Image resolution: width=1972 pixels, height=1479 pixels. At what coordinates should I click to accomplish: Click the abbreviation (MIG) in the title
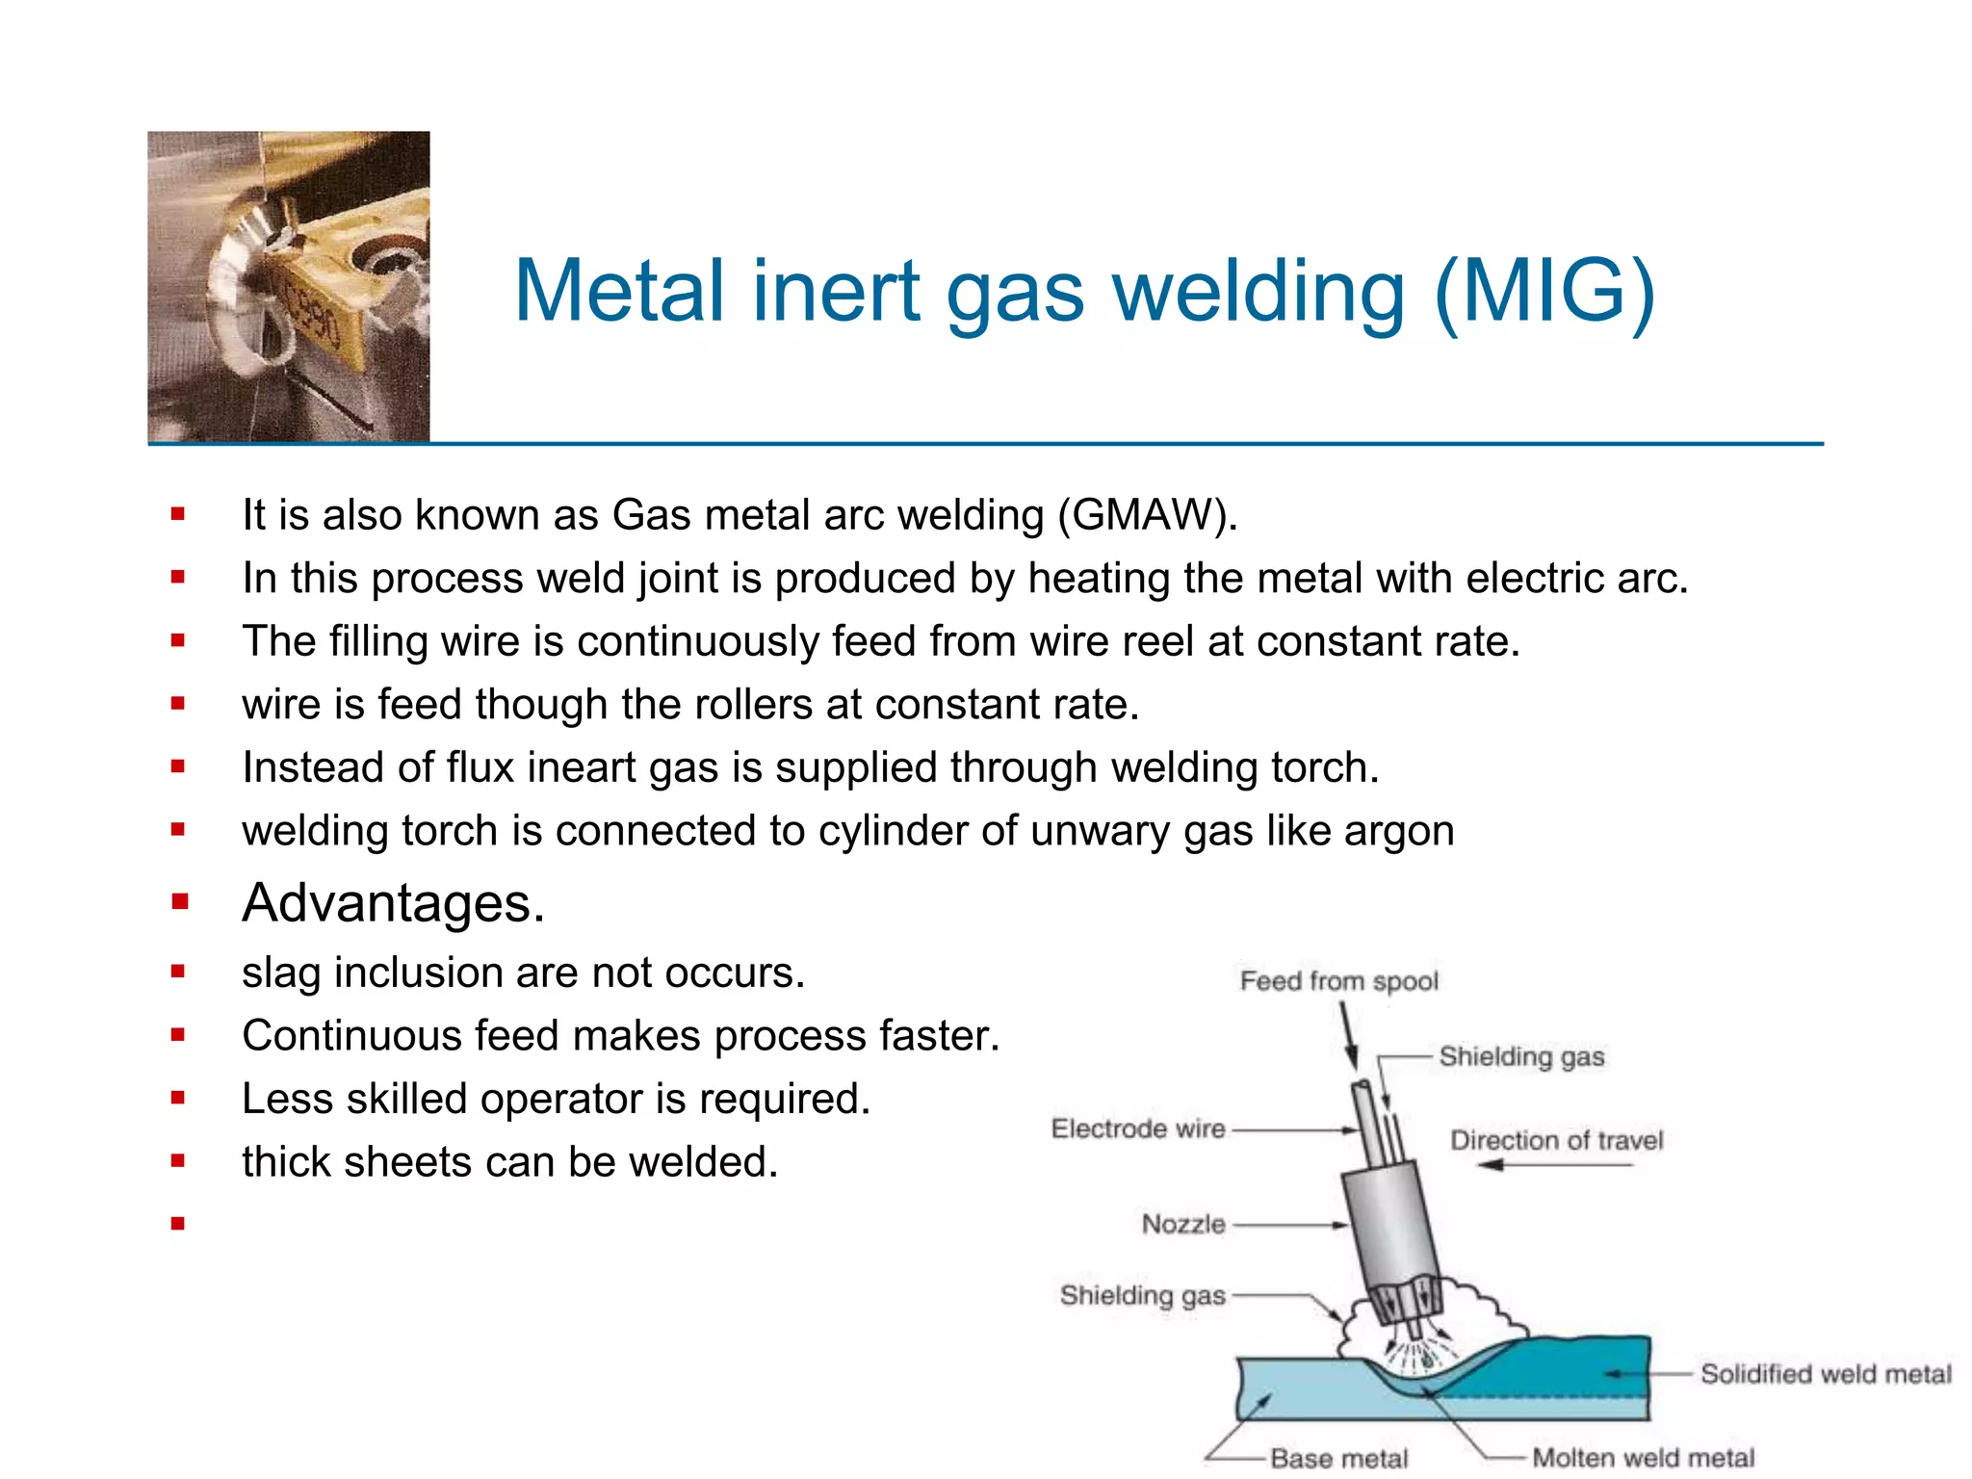(1544, 292)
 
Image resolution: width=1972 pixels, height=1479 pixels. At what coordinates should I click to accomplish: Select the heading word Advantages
(393, 903)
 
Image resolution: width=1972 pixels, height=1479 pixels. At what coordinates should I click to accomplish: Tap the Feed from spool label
(1338, 981)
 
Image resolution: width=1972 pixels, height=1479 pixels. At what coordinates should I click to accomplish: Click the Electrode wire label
(1138, 1129)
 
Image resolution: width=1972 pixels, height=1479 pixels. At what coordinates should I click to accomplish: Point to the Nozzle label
(1183, 1224)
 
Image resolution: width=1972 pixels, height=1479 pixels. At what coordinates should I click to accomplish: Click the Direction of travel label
(1556, 1140)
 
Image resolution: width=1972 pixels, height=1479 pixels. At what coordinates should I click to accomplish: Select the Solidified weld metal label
(1826, 1374)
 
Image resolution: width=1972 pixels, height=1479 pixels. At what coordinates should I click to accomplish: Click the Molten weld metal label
(1643, 1458)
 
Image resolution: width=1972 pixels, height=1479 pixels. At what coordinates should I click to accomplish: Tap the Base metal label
(1338, 1459)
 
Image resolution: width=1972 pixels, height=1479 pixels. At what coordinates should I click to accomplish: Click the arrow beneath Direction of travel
(1555, 1165)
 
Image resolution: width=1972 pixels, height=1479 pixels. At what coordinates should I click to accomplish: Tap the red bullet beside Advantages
(178, 902)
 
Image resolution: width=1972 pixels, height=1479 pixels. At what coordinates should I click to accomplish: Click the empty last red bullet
(177, 1224)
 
